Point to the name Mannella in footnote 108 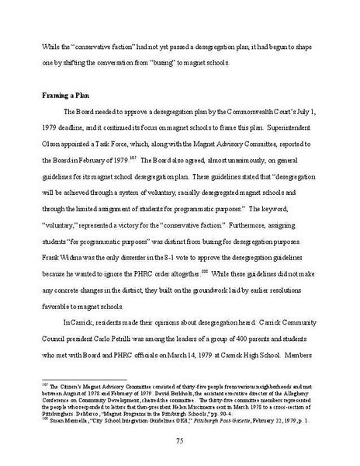[x=72, y=420]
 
